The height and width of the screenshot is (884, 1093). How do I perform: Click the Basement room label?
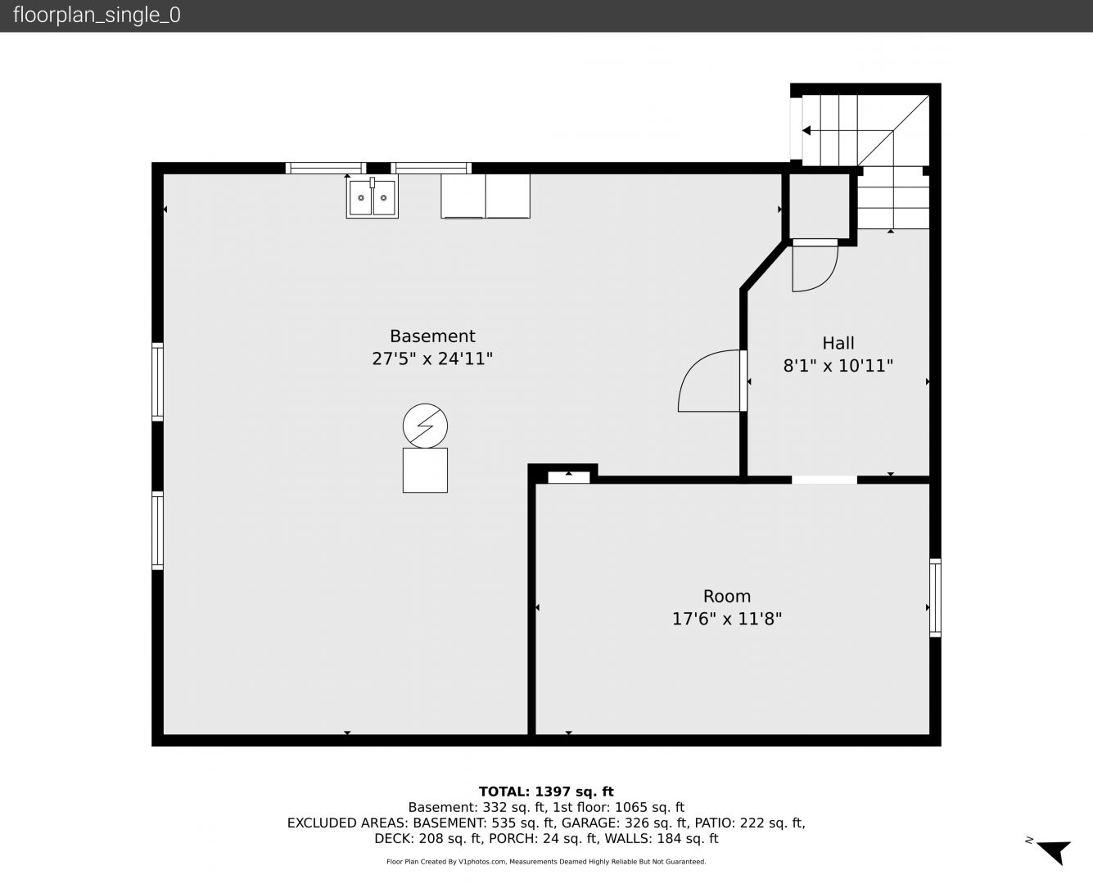click(x=432, y=336)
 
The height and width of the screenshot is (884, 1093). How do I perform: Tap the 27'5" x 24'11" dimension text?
click(x=432, y=359)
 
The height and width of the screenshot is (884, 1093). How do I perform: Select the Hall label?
click(x=838, y=343)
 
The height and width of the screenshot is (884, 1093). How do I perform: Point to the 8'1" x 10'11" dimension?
click(x=838, y=366)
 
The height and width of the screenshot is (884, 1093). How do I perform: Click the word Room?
click(x=726, y=596)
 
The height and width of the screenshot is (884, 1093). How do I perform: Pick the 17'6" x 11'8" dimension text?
click(x=726, y=619)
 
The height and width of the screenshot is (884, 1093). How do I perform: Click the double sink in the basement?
click(x=372, y=197)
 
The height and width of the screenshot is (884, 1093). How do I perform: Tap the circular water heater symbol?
click(x=425, y=426)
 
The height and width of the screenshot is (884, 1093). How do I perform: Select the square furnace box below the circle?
click(x=425, y=471)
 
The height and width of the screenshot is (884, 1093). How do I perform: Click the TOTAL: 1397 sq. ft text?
click(x=546, y=792)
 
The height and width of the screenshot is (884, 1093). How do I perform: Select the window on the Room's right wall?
click(x=936, y=598)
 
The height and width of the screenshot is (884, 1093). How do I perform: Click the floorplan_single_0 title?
click(x=97, y=16)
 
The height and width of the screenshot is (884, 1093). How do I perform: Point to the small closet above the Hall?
click(x=819, y=206)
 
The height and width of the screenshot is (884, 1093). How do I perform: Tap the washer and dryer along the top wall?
click(x=486, y=196)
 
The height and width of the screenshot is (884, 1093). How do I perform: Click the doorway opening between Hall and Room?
click(x=824, y=480)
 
